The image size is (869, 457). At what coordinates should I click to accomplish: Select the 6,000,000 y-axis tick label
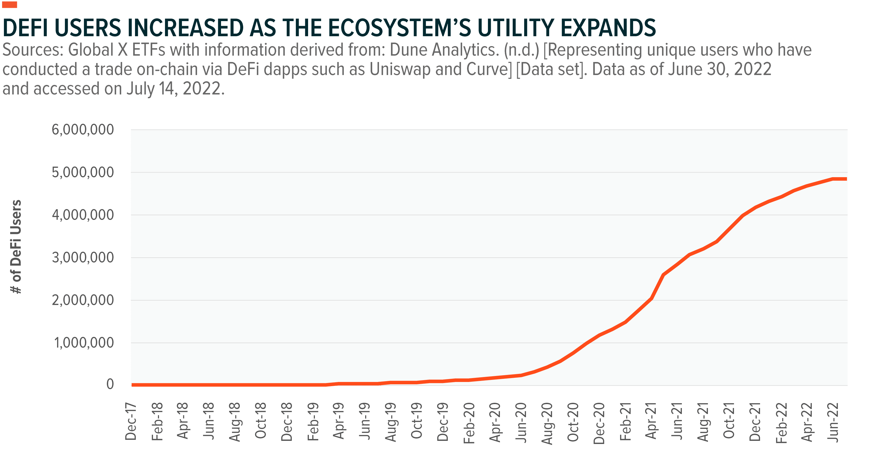pyautogui.click(x=83, y=129)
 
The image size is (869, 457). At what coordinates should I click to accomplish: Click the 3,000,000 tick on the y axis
pyautogui.click(x=83, y=258)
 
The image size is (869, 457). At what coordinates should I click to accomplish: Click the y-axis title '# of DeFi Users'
pyautogui.click(x=16, y=246)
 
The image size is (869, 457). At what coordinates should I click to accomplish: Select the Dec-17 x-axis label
pyautogui.click(x=131, y=422)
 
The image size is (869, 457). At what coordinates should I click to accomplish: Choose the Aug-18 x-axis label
pyautogui.click(x=235, y=422)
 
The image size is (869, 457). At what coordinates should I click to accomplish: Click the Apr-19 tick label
pyautogui.click(x=339, y=422)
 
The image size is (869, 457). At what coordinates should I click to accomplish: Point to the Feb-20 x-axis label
pyautogui.click(x=469, y=422)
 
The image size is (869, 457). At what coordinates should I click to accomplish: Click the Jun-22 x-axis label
pyautogui.click(x=833, y=422)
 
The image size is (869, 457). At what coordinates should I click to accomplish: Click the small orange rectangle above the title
pyautogui.click(x=10, y=5)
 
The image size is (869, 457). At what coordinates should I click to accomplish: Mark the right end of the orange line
pyautogui.click(x=846, y=179)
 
